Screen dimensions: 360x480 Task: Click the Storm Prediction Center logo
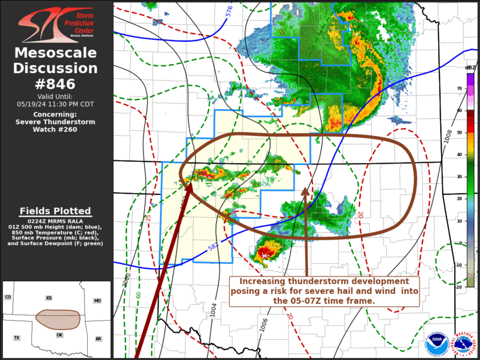click(x=56, y=25)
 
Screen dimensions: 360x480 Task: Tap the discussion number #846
click(x=56, y=84)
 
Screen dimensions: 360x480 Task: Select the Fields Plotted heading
click(x=55, y=211)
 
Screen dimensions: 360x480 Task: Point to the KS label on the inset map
click(x=48, y=299)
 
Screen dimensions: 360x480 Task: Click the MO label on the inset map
click(x=97, y=300)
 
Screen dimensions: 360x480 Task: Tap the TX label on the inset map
click(x=17, y=338)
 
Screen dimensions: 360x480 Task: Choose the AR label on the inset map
click(x=98, y=339)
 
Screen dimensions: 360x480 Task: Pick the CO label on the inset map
click(x=8, y=297)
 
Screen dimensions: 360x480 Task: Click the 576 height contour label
click(x=229, y=10)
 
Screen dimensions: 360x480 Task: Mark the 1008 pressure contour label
click(x=449, y=136)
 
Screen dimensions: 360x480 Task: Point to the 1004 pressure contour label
click(x=214, y=309)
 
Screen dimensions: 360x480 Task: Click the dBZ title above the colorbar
click(x=469, y=67)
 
